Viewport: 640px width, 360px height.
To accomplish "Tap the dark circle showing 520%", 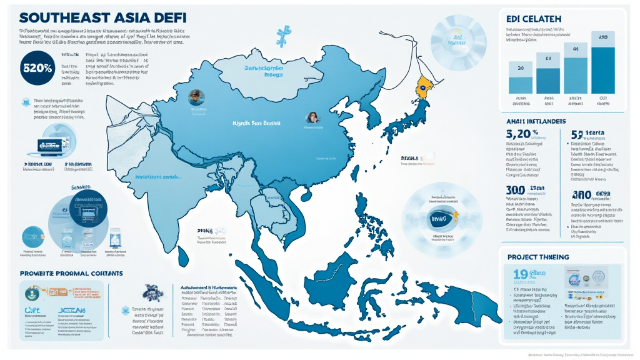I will (36, 69).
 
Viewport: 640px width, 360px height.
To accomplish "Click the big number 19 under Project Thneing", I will (520, 274).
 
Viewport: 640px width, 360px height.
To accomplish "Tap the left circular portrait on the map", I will (196, 97).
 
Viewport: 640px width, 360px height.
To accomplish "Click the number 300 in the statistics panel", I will (514, 190).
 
